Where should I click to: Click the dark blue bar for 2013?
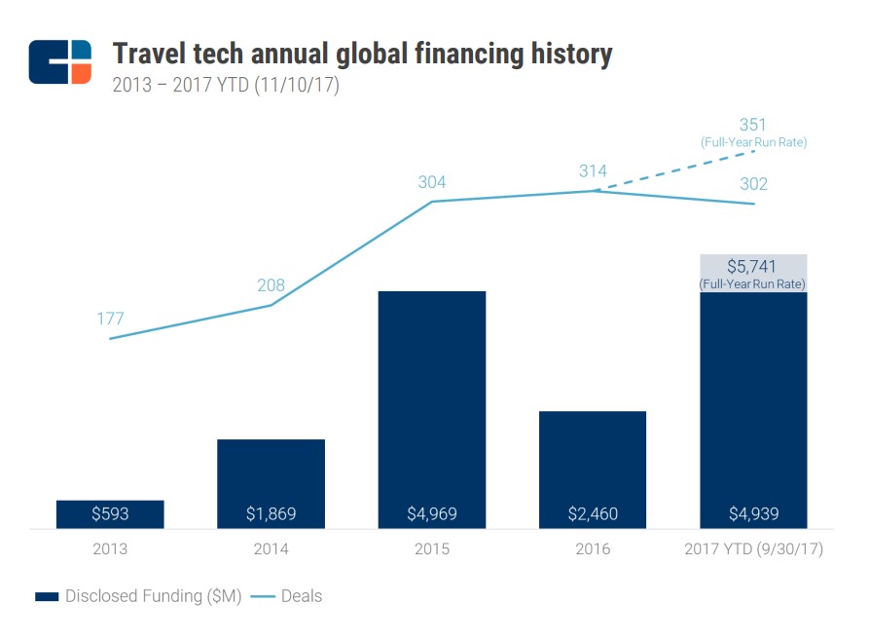click(x=110, y=514)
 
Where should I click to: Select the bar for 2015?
click(x=432, y=409)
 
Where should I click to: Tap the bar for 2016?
click(x=593, y=470)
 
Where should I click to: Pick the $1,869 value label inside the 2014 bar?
click(x=271, y=513)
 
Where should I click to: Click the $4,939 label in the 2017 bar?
click(x=753, y=513)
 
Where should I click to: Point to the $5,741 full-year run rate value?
click(x=753, y=266)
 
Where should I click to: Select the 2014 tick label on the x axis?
click(x=271, y=549)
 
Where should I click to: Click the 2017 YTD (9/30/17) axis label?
click(x=753, y=549)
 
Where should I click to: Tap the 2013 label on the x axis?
click(x=110, y=549)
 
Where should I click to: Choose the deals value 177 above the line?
click(x=110, y=319)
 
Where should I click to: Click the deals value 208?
click(x=271, y=285)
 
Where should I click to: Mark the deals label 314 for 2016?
click(x=593, y=170)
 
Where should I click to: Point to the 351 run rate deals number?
click(x=753, y=125)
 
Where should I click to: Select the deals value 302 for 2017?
click(x=753, y=184)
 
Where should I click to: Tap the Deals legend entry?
click(x=287, y=596)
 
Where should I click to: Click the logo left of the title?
click(x=60, y=61)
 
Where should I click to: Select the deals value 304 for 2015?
click(x=432, y=182)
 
